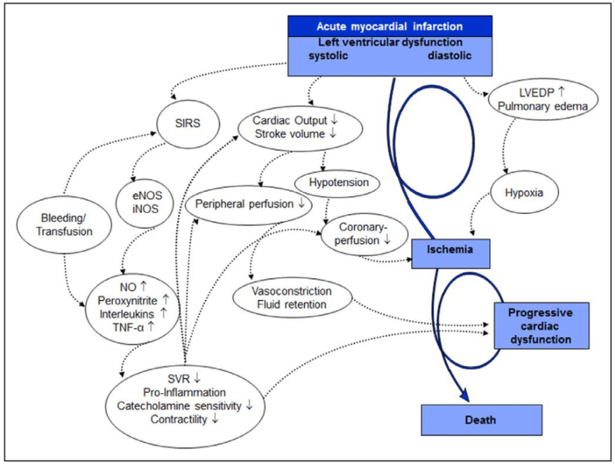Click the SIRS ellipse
point(188,124)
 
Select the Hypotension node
point(337,182)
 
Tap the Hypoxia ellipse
point(524,192)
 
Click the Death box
point(482,420)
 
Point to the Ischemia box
point(451,253)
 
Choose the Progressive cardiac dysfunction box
point(541,326)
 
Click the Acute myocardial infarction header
point(390,26)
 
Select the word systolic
point(328,55)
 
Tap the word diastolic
point(449,55)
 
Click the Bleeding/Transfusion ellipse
point(64,225)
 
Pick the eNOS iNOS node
point(145,203)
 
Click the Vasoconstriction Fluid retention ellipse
point(292,298)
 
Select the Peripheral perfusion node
point(249,205)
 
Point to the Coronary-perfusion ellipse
point(364,234)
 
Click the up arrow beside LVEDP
point(561,92)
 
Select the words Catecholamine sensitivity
point(179,406)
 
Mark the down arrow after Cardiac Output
point(334,120)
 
